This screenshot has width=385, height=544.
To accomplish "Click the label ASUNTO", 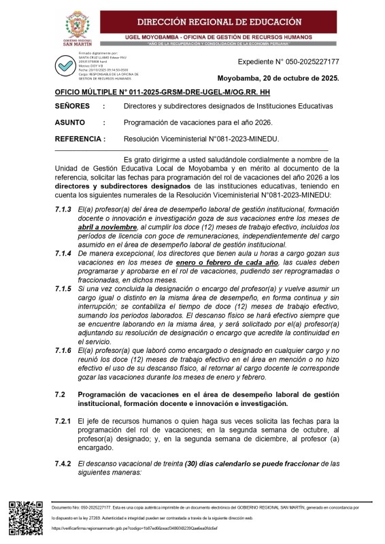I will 69,122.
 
